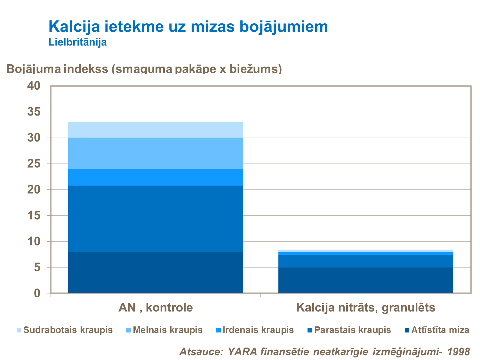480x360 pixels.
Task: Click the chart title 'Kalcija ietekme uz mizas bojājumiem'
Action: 188,27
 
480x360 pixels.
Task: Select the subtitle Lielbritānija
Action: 77,42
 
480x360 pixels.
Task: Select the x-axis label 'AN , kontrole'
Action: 156,308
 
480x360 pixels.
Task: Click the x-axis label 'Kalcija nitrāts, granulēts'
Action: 366,308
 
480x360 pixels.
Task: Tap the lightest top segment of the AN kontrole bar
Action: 156,130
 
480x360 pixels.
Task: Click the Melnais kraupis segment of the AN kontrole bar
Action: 156,153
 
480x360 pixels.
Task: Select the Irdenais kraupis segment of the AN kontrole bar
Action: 156,177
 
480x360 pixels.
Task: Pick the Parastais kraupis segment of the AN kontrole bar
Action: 156,219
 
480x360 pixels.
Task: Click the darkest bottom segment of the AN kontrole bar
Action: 156,273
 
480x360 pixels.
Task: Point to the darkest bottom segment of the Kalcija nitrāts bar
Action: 366,280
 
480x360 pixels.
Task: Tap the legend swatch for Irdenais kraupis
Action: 218,330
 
